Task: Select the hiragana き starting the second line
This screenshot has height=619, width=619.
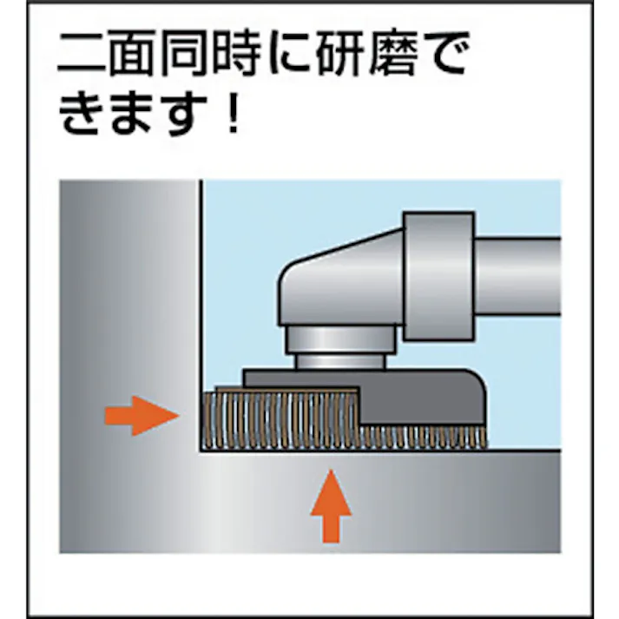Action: pyautogui.click(x=81, y=115)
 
